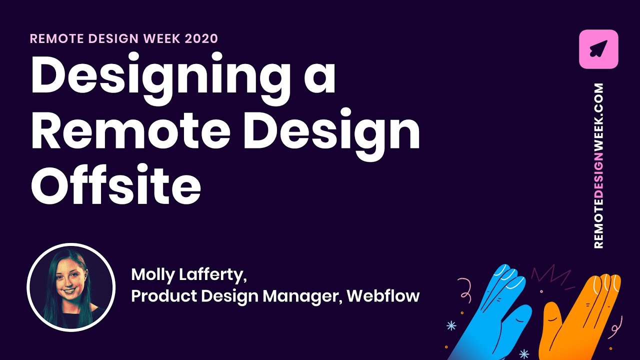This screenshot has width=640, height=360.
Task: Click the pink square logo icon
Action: [x=598, y=49]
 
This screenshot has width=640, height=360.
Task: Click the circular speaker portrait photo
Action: [x=71, y=287]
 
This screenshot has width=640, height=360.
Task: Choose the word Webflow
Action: [x=383, y=296]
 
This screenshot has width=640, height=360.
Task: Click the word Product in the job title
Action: [x=163, y=296]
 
